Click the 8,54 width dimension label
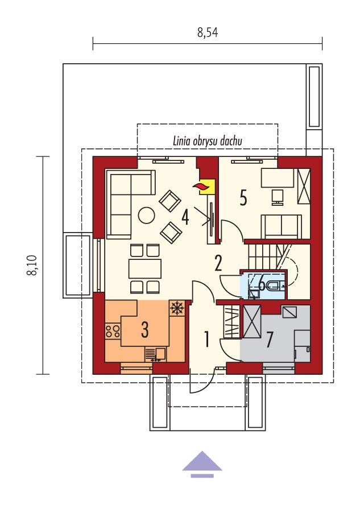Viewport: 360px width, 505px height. pos(208,33)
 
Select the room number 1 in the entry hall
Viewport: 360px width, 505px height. pos(207,339)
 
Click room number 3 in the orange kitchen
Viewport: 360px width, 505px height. pos(145,329)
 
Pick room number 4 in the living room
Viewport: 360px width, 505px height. pos(185,217)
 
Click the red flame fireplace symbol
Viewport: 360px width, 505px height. pos(200,187)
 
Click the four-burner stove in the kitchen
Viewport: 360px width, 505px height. pos(112,332)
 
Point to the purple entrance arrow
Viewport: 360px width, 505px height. pos(202,462)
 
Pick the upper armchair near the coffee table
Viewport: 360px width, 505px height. pos(169,200)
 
